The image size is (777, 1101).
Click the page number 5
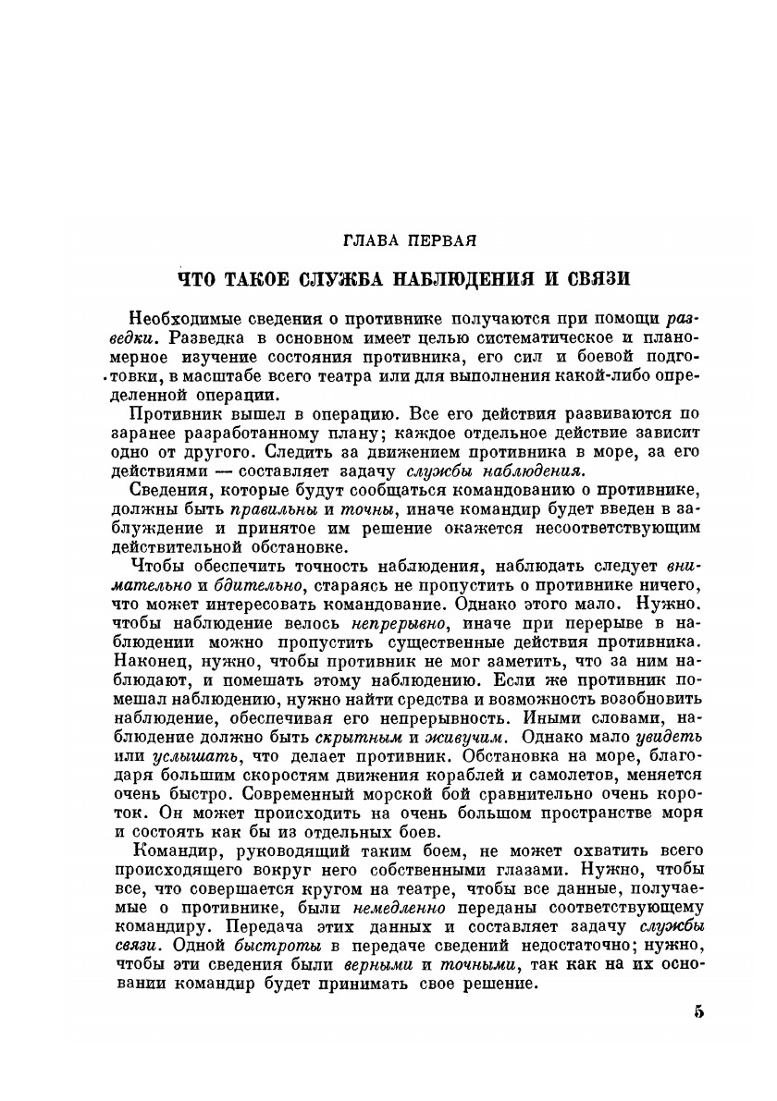[699, 1010]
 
